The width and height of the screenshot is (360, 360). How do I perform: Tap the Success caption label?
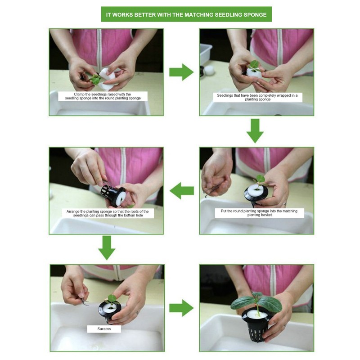pos(104,329)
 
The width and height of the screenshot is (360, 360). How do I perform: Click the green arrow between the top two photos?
pos(181,72)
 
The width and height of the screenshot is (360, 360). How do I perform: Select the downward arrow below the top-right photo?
pos(255,131)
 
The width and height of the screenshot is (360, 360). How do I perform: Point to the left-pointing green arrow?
pos(182,190)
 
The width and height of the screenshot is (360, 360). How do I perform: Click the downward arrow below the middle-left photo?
pos(107,248)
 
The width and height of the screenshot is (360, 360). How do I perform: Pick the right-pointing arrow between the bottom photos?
pos(181,308)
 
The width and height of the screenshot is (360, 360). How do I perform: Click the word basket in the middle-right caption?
pos(266,215)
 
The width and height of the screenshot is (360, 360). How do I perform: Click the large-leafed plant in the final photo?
pos(256,301)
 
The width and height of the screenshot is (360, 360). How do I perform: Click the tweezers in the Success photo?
pos(84,301)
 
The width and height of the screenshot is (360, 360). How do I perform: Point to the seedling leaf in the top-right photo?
pos(254,65)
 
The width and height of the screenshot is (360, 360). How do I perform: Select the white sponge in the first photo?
pos(106,79)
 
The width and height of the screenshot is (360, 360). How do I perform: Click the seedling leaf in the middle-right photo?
pos(260,179)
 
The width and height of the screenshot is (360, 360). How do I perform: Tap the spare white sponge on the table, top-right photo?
pos(209,71)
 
